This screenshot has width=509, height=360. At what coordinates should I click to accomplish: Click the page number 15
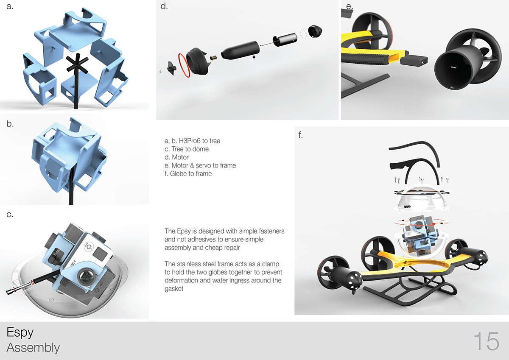pos(486,341)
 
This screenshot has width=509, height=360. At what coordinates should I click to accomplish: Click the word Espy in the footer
pos(20,332)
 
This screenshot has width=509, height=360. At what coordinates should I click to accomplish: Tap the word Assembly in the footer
pos(33,348)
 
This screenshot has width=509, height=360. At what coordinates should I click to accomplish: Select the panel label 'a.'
pos(10,7)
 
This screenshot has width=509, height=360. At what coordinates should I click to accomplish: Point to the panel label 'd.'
pos(164,7)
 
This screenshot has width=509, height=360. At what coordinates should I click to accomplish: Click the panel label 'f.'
pos(301,136)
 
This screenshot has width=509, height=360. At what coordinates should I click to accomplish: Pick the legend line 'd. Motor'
pos(176,157)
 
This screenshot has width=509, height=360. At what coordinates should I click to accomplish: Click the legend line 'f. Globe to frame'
pos(187,173)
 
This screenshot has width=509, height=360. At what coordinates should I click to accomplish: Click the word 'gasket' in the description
pos(174,288)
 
